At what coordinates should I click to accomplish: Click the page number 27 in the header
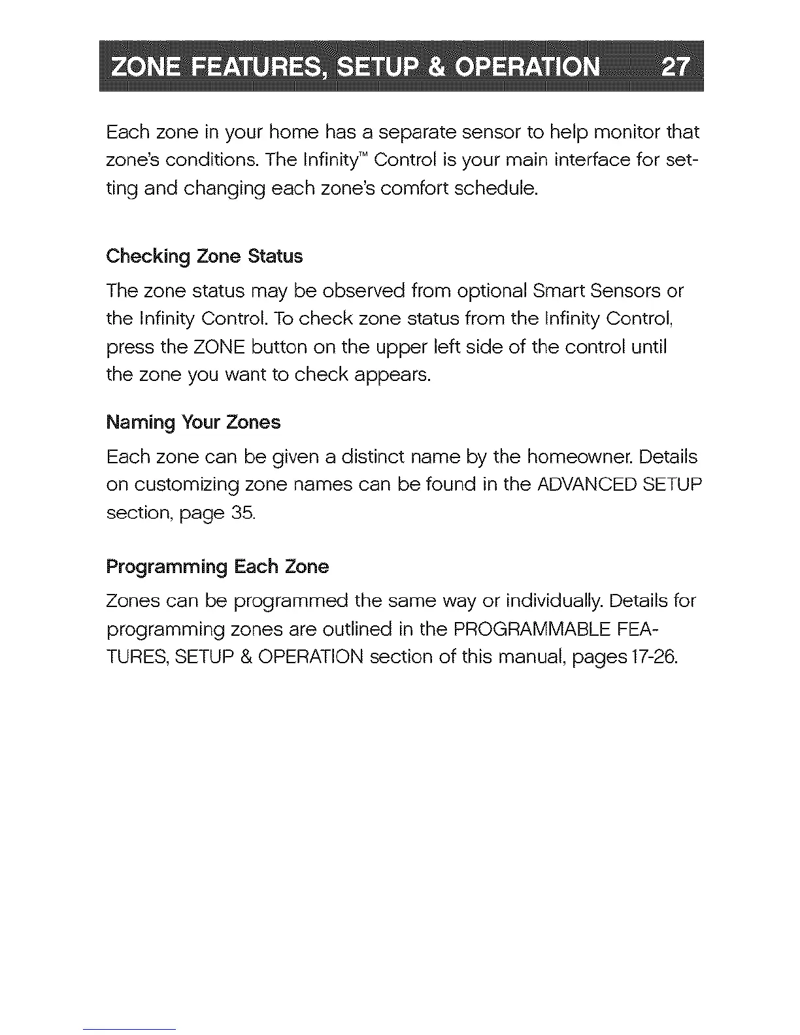pos(675,67)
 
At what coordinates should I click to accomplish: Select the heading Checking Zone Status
pos(205,256)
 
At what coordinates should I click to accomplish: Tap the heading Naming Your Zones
pos(193,423)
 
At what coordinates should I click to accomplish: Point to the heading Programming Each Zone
pos(217,567)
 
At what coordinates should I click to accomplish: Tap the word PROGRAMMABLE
pos(531,629)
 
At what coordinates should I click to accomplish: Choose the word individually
pos(554,601)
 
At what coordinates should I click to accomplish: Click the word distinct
pos(364,457)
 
